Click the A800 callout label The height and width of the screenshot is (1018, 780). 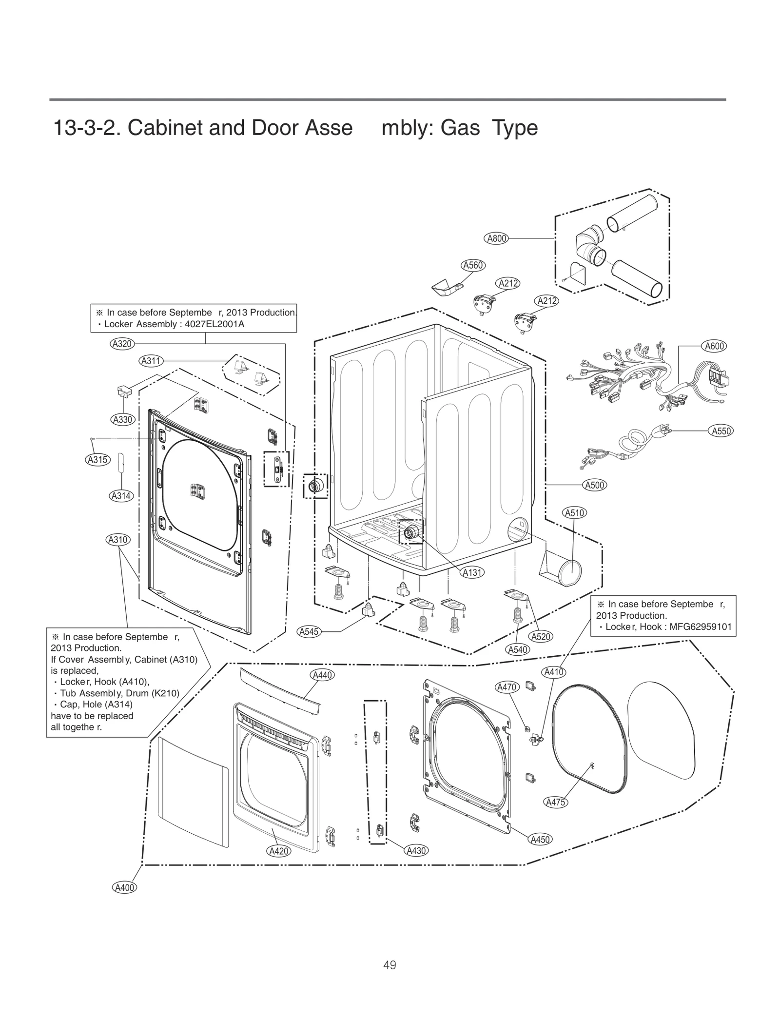click(x=497, y=238)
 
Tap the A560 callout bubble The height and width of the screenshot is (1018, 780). click(x=473, y=265)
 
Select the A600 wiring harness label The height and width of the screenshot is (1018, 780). click(x=714, y=346)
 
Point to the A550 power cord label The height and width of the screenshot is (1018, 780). click(x=721, y=431)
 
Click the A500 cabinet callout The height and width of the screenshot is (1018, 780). click(x=595, y=485)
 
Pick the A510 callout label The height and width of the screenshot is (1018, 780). click(x=574, y=513)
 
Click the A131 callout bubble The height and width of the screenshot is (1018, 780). click(x=472, y=572)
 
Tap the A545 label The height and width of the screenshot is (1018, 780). click(x=309, y=632)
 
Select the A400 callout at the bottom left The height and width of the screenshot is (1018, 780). click(x=124, y=888)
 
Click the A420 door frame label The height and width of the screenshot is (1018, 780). click(x=279, y=851)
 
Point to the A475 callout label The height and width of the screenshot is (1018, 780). click(x=555, y=802)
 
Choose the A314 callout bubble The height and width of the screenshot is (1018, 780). click(x=120, y=496)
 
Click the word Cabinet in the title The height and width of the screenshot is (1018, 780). click(x=165, y=128)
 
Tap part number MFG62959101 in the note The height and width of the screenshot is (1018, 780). click(x=701, y=627)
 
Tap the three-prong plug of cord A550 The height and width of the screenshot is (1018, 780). click(x=664, y=429)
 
